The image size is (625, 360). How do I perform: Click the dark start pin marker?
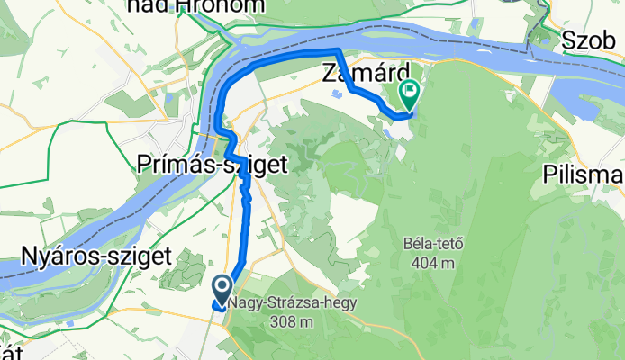(222, 289)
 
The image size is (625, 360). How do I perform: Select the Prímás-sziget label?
(213, 165)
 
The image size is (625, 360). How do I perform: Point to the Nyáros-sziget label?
(95, 257)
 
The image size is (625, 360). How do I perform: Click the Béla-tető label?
(428, 244)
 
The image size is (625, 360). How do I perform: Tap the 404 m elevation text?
(429, 263)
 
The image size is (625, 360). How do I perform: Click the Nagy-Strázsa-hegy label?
(293, 303)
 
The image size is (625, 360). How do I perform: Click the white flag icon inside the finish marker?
(412, 88)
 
